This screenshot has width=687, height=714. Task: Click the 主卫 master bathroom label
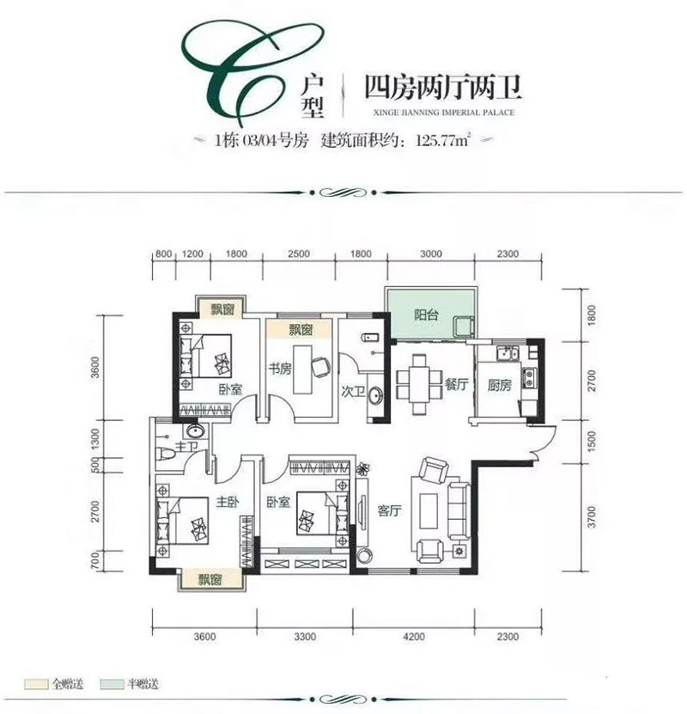pos(186,448)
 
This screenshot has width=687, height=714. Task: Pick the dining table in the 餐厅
pos(418,381)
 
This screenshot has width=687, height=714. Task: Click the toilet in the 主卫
pos(168,457)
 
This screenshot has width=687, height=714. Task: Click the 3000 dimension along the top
pos(431,254)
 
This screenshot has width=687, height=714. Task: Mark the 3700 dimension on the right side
pos(589,517)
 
